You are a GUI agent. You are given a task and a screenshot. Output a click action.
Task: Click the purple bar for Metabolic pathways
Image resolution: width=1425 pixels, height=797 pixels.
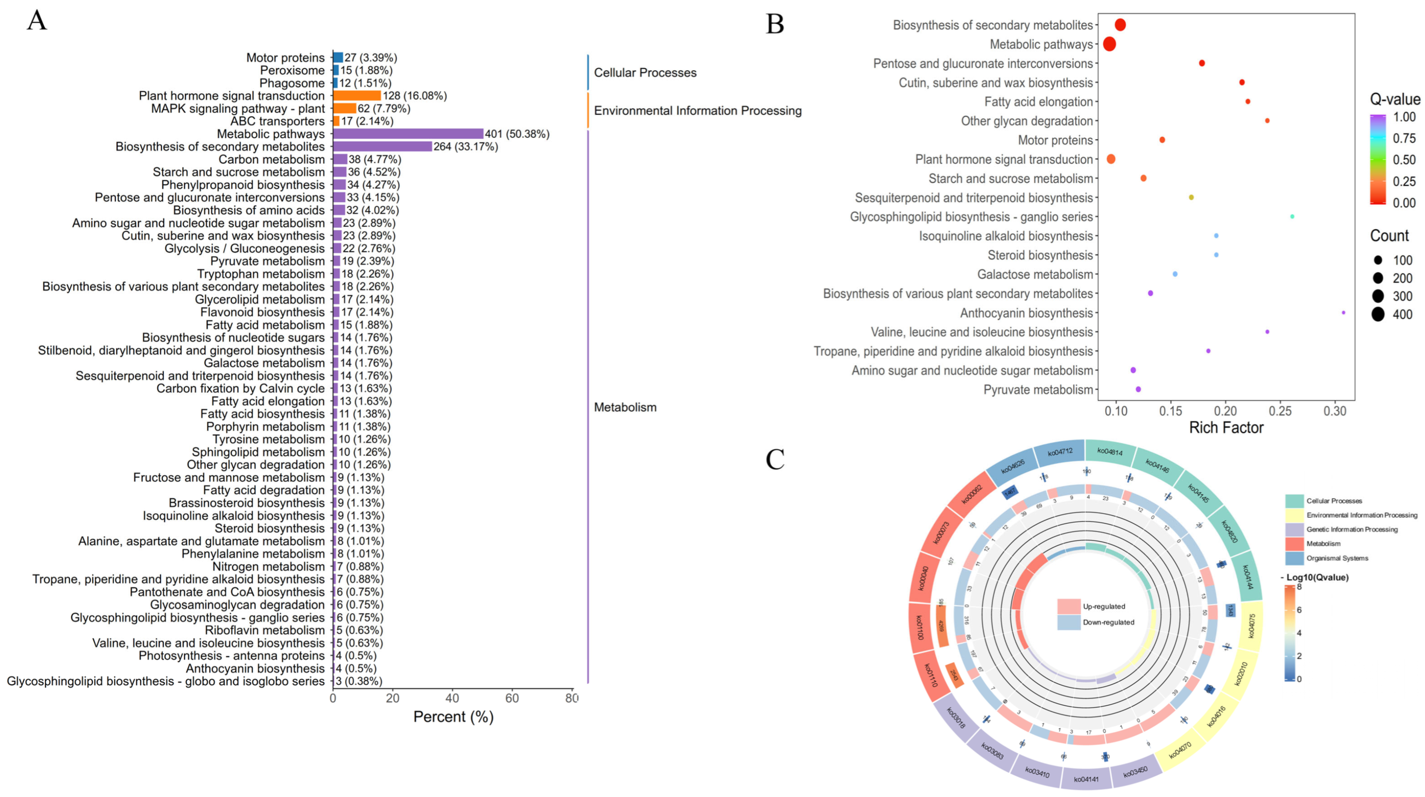click(408, 134)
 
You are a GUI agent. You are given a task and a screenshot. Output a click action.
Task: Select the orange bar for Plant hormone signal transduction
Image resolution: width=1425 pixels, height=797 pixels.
click(357, 96)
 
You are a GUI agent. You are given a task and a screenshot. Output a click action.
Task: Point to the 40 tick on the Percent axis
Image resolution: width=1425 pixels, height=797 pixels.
click(452, 698)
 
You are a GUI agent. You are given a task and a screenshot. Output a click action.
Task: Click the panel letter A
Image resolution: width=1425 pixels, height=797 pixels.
click(37, 20)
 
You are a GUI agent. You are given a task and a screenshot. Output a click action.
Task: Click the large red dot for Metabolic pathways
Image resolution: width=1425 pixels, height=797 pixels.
click(1109, 44)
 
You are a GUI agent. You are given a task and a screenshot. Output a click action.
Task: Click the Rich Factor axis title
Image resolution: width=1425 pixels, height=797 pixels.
click(1226, 428)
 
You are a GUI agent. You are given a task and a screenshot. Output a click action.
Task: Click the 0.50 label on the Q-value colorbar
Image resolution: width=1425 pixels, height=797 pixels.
click(1404, 160)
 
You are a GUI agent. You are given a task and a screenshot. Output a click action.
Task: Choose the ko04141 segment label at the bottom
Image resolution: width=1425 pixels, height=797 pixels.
click(1086, 779)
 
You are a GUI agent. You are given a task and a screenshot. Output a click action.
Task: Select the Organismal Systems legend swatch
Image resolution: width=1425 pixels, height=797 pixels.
click(1294, 558)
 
